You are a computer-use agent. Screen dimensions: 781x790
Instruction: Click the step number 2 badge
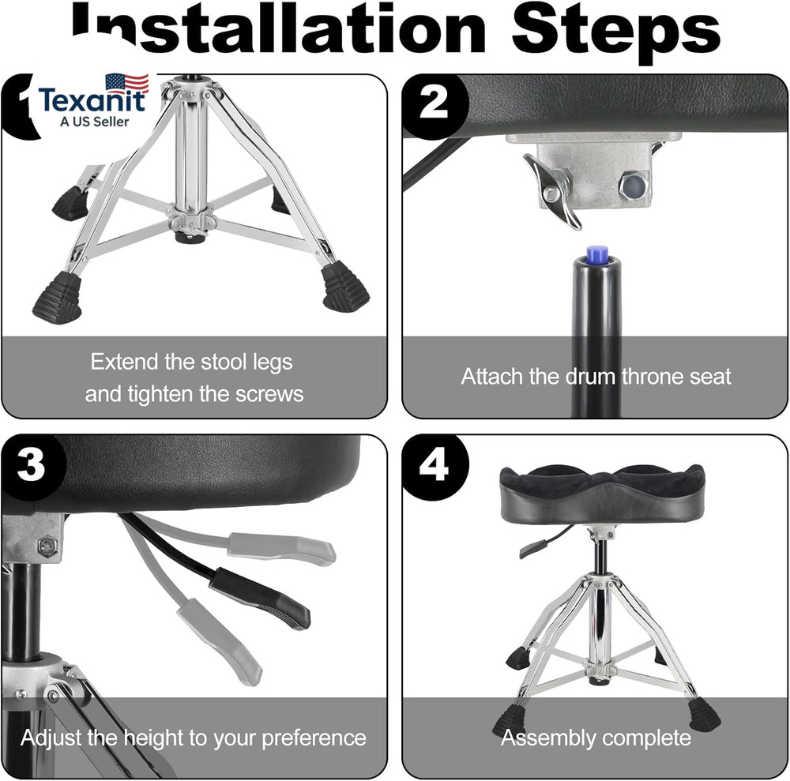[433, 103]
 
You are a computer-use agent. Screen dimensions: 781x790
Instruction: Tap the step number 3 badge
[31, 466]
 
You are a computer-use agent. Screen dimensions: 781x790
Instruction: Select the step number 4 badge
[433, 466]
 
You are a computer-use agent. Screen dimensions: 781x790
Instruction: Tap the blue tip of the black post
[596, 254]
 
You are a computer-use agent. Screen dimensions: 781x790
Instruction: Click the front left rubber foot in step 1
[57, 298]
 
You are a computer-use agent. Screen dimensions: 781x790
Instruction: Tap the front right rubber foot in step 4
[702, 715]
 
